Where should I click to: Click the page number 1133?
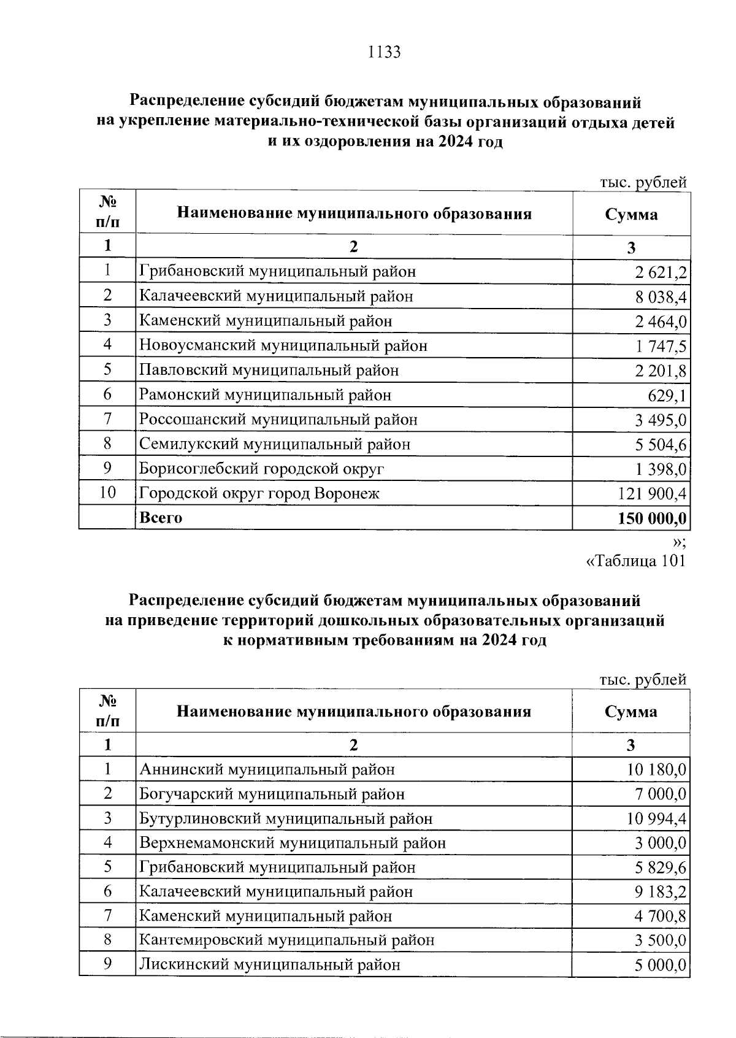coord(383,52)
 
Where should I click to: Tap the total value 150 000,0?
coord(652,518)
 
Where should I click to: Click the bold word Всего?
coord(161,518)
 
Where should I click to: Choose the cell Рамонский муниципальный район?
coord(265,395)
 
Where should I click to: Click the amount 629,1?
coord(667,396)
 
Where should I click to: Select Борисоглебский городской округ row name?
coord(262,469)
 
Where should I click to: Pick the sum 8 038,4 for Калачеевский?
coord(661,297)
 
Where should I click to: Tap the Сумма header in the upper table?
coord(631,214)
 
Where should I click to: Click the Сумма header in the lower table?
coord(631,712)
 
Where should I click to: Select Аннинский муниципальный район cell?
coord(267,769)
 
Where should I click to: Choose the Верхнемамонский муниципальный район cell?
coord(293,843)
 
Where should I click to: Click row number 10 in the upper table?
coord(107,493)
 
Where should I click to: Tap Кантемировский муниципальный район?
coord(287,940)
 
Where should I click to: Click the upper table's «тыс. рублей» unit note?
coord(643,182)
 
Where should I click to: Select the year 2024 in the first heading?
coord(455,142)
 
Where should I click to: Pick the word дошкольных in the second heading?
coord(362,620)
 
